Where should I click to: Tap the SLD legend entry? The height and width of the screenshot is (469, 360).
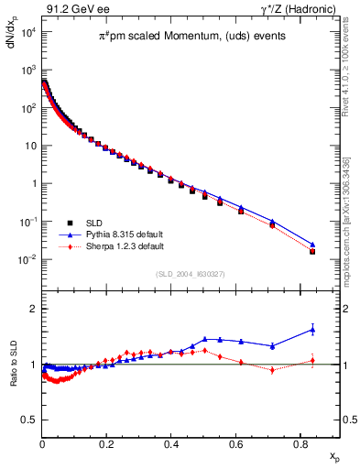[95, 223]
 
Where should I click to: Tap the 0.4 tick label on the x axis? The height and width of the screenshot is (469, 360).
[171, 444]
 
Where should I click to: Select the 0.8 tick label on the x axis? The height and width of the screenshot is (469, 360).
[300, 444]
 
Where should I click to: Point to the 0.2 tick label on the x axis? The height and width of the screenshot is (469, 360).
[106, 444]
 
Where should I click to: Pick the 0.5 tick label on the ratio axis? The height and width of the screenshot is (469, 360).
[27, 420]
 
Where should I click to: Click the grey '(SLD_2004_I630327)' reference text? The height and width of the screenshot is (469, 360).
[191, 273]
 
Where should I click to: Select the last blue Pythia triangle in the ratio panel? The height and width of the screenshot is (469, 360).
[312, 330]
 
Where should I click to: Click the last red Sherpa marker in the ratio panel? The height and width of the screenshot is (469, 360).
[312, 360]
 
